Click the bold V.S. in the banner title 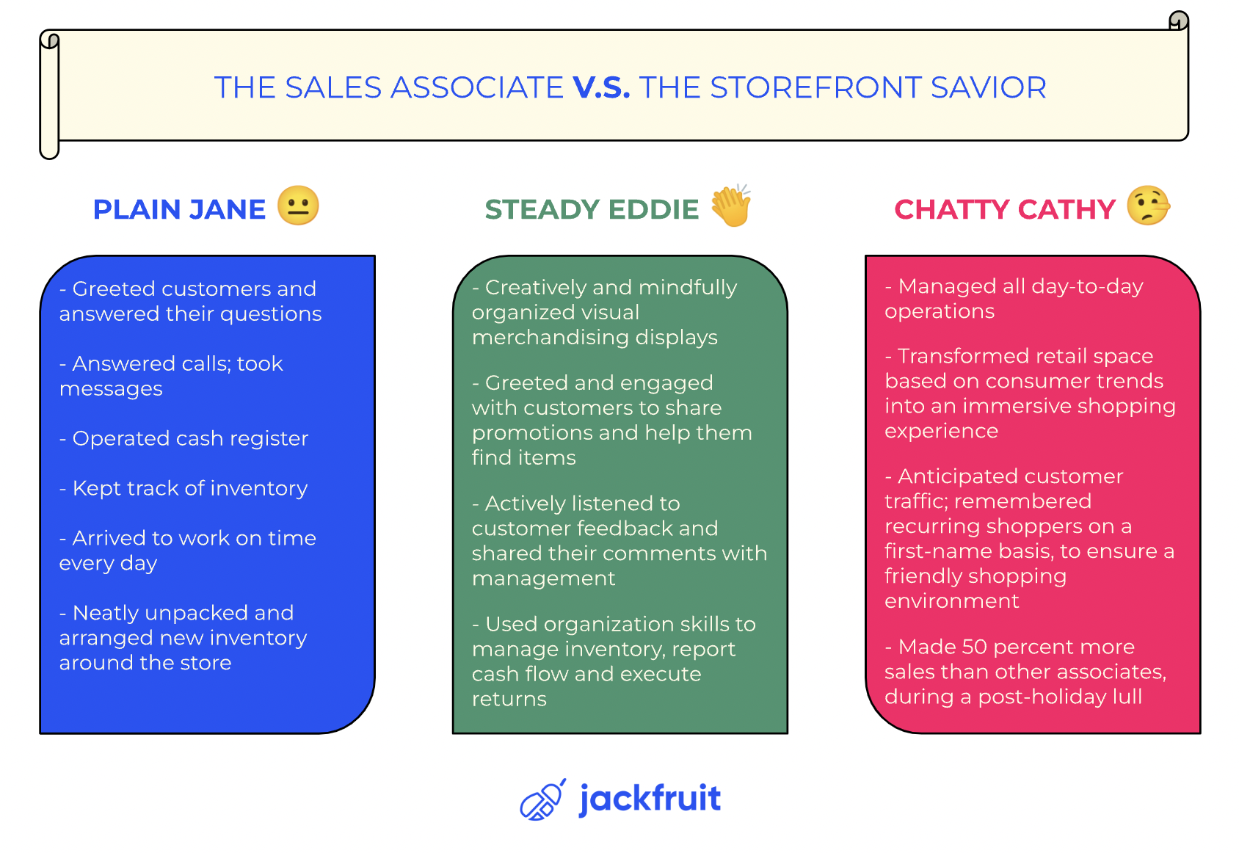601,87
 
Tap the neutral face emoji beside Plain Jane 298,206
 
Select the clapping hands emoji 730,206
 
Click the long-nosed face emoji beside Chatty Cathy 1149,206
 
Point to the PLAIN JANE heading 179,210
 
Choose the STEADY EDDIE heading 592,210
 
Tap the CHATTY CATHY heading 1005,210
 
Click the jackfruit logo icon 542,799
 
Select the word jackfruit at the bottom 650,799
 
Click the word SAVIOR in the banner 989,87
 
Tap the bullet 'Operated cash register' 184,439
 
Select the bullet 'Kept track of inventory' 184,488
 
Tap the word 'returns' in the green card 509,700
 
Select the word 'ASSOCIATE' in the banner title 477,87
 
